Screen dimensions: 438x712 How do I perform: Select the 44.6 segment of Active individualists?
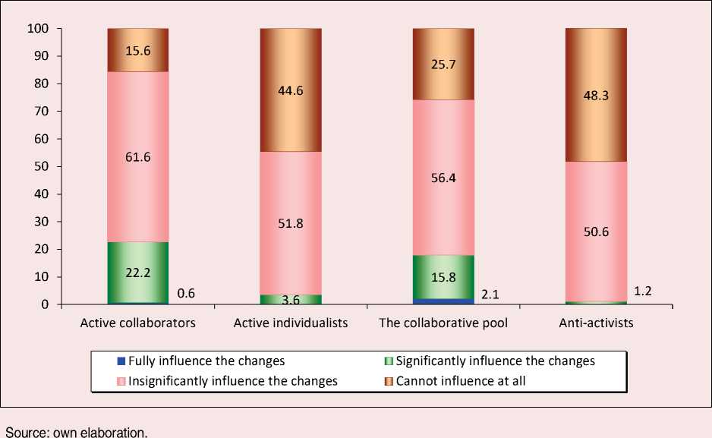291,90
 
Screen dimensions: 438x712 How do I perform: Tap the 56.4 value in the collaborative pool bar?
443,177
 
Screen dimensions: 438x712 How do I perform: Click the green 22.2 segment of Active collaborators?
138,273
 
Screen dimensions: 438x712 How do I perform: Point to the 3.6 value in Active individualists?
291,300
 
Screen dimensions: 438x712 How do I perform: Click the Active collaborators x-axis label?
138,323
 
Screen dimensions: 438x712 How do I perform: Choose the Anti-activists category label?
596,323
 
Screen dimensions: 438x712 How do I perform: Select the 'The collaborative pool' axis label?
443,323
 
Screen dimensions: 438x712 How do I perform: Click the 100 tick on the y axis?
37,29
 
